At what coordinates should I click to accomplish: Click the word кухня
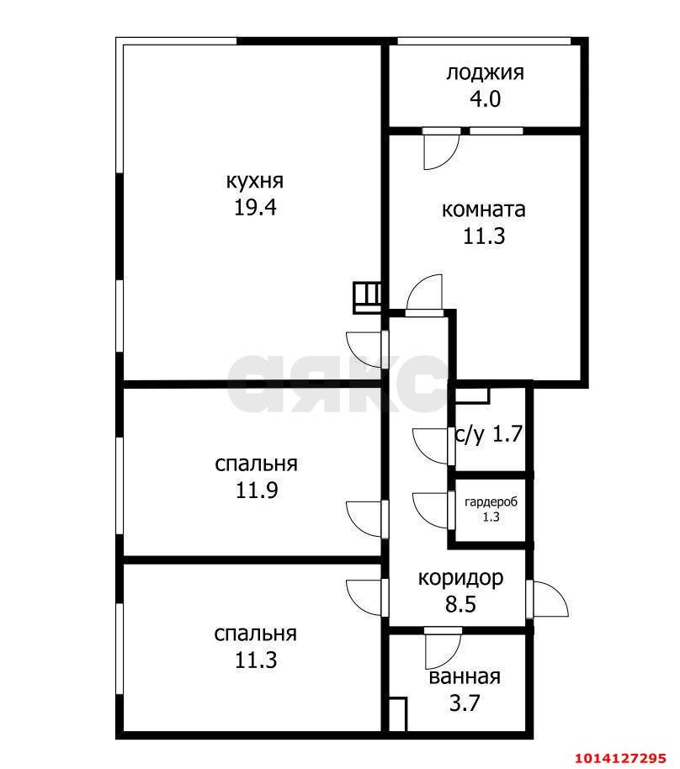click(x=254, y=181)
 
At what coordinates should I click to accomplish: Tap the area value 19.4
click(x=255, y=208)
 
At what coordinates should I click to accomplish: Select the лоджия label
click(x=485, y=72)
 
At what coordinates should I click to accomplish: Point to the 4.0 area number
click(x=485, y=99)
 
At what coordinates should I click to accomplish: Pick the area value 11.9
click(x=257, y=491)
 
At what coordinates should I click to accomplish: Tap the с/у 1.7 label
click(x=489, y=434)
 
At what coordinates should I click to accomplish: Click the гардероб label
click(x=491, y=502)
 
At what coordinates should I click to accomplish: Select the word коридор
click(x=461, y=578)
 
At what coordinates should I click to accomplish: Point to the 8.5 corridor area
click(x=461, y=604)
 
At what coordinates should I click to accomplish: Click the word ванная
click(x=465, y=677)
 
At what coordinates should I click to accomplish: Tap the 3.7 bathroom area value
click(x=465, y=703)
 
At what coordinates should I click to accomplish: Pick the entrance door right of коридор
click(x=547, y=599)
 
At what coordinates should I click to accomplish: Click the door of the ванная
click(x=441, y=648)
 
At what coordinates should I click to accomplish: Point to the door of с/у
click(x=432, y=445)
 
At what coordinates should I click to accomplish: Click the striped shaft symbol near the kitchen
click(x=367, y=296)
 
